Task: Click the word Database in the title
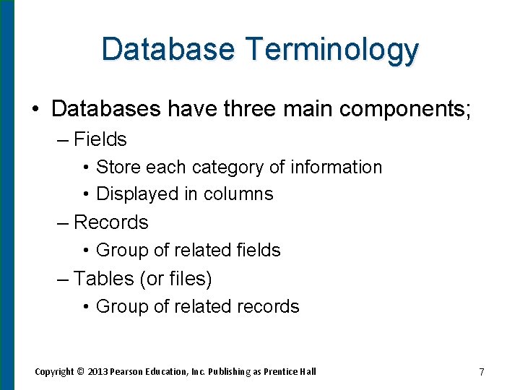[x=168, y=49]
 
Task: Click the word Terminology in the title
[x=331, y=49]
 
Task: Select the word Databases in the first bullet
[x=105, y=108]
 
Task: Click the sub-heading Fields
[x=100, y=139]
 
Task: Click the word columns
[x=238, y=194]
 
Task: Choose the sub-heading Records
[x=110, y=222]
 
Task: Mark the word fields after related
[x=259, y=250]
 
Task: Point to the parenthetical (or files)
[x=175, y=278]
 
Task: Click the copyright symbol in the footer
[x=81, y=372]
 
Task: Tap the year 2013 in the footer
[x=97, y=372]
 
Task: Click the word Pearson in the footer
[x=127, y=372]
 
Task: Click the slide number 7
[x=481, y=372]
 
